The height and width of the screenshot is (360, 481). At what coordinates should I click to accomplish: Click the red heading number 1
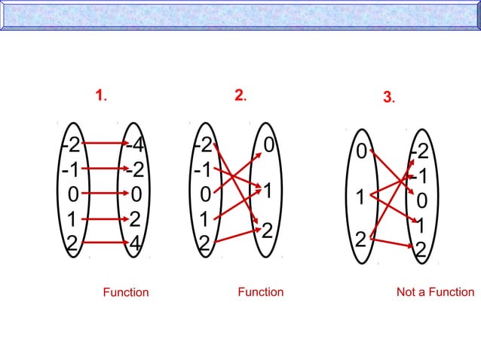(100, 95)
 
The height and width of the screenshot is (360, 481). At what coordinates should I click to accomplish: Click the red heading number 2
(239, 95)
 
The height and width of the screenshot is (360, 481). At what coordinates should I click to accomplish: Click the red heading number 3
(388, 97)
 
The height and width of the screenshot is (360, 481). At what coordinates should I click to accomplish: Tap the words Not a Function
(435, 292)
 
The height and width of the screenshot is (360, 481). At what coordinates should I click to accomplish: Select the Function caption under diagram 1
(126, 292)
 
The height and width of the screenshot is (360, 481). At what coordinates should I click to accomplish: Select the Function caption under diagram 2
(261, 292)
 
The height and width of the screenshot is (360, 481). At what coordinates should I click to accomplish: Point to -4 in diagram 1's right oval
(136, 144)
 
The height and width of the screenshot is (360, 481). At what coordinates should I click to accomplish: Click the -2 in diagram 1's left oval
(71, 144)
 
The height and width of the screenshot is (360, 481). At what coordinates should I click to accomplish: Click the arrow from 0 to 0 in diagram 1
(103, 194)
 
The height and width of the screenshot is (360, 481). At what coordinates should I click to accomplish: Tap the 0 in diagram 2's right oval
(269, 143)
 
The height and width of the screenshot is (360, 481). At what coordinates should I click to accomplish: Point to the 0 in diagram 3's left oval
(361, 153)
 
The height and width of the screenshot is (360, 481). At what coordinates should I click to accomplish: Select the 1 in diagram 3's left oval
(361, 199)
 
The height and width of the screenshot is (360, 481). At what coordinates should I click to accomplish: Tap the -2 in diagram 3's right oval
(420, 153)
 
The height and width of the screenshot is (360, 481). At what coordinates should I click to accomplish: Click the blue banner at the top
(240, 15)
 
